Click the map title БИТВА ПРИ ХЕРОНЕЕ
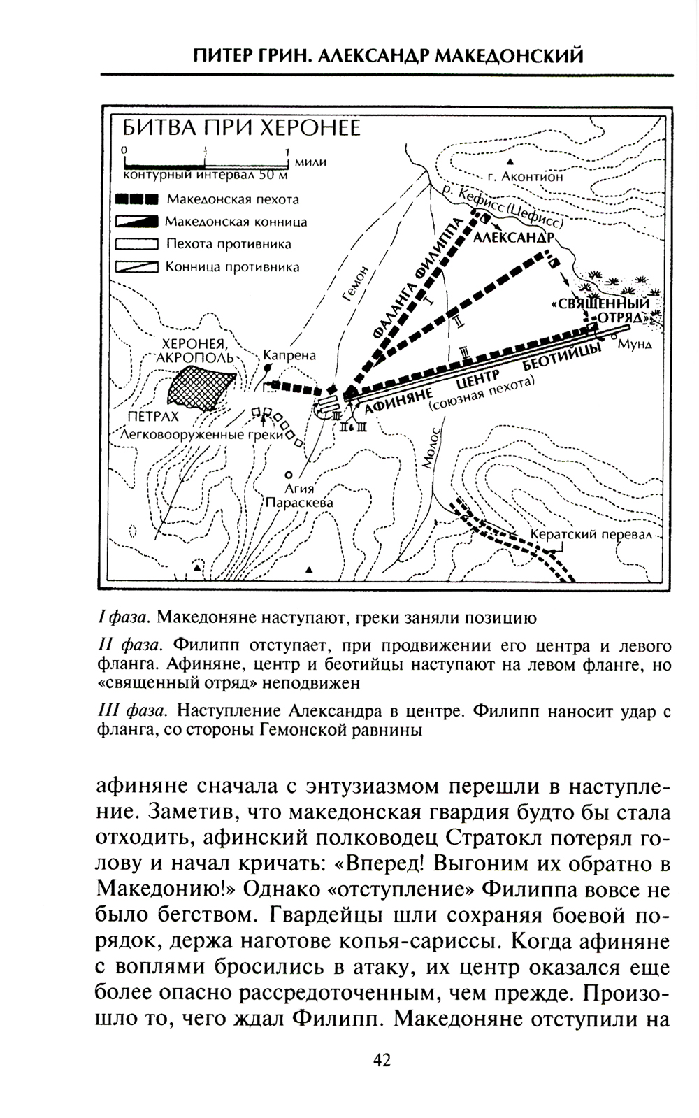[x=242, y=129]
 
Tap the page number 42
[x=382, y=1060]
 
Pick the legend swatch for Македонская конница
[x=138, y=222]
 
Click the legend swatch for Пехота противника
[x=138, y=245]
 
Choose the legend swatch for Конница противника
[x=138, y=267]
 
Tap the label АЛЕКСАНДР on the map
[x=514, y=238]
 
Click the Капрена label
[x=289, y=355]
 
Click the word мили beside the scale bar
[x=311, y=162]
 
